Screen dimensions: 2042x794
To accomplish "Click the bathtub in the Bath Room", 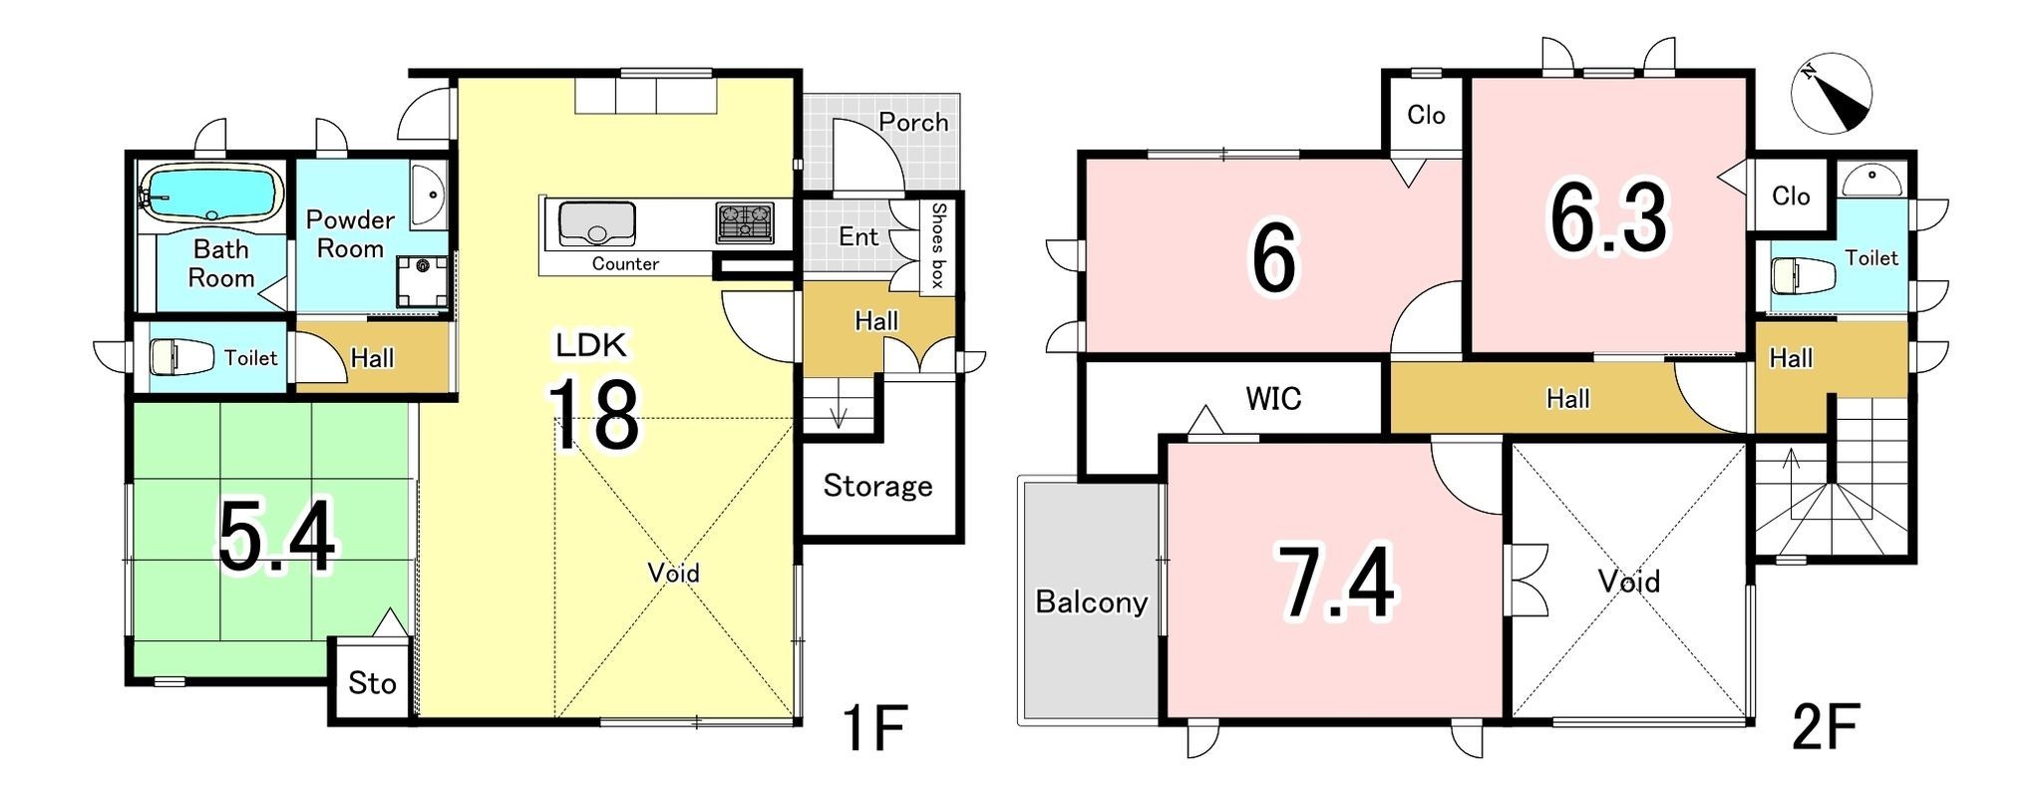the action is pyautogui.click(x=210, y=193).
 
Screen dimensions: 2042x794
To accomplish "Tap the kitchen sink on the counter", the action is pyautogui.click(x=596, y=223).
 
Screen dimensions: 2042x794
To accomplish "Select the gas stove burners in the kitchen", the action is pyautogui.click(x=745, y=222).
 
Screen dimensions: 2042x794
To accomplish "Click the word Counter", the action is pyautogui.click(x=625, y=263).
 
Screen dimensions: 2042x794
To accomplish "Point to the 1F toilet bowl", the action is pyautogui.click(x=181, y=356).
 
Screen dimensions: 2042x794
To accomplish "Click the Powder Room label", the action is pyautogui.click(x=350, y=233).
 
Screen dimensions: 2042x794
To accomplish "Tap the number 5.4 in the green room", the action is pyautogui.click(x=277, y=539).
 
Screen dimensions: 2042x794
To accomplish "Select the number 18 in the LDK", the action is pyautogui.click(x=593, y=414).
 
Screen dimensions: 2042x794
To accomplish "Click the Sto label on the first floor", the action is pyautogui.click(x=372, y=683).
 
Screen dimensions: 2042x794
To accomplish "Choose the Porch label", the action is pyautogui.click(x=913, y=122).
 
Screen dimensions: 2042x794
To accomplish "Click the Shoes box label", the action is pyautogui.click(x=937, y=245).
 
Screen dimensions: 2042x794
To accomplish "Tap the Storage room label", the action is pyautogui.click(x=877, y=487).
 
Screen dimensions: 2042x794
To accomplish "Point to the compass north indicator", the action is pyautogui.click(x=1832, y=95).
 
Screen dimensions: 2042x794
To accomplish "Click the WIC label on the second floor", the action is pyautogui.click(x=1273, y=399).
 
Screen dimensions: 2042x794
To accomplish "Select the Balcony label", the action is pyautogui.click(x=1091, y=601).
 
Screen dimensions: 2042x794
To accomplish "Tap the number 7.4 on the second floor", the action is pyautogui.click(x=1337, y=584).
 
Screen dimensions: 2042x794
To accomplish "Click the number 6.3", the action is pyautogui.click(x=1607, y=218).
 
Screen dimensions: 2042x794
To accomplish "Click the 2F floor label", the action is pyautogui.click(x=1825, y=727).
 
